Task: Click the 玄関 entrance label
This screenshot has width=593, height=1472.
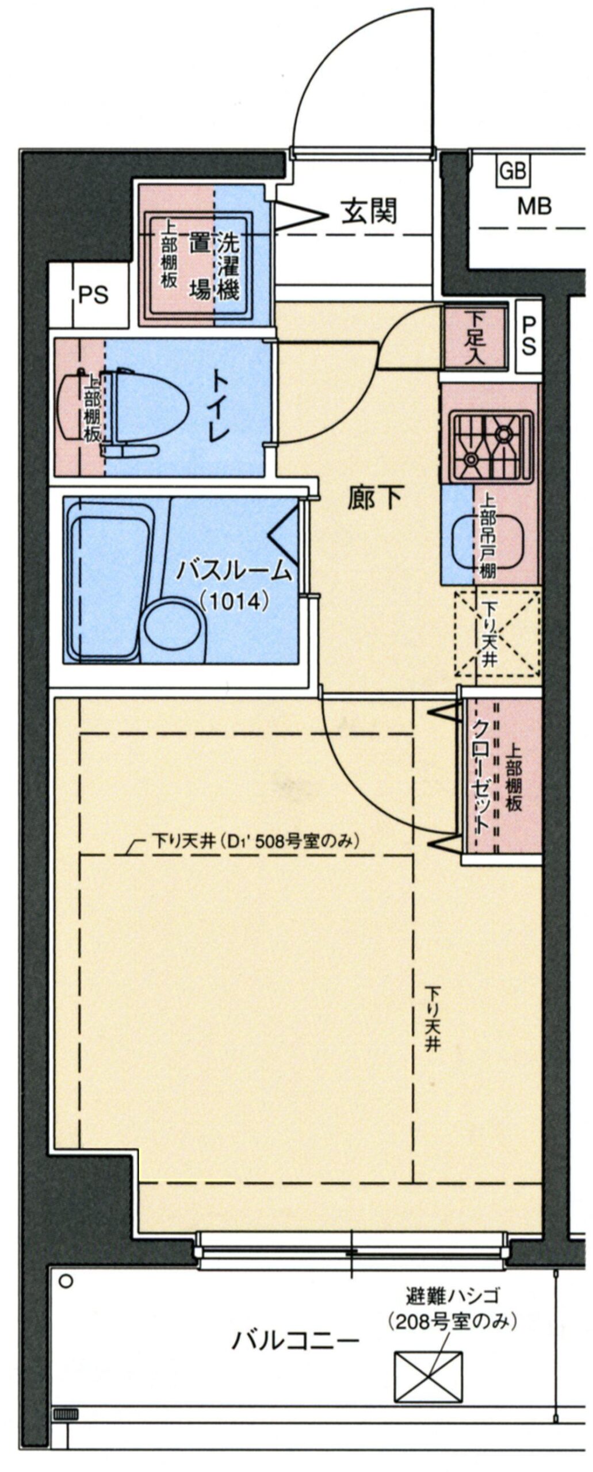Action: [x=369, y=211]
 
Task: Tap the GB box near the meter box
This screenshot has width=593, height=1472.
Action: [x=513, y=171]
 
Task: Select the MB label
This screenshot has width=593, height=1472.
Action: [x=534, y=206]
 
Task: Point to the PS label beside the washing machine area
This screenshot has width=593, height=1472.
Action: [x=93, y=295]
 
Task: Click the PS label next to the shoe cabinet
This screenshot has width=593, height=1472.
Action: [x=529, y=337]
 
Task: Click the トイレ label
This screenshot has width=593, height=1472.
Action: [x=221, y=406]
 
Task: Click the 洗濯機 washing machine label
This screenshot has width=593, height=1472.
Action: [x=228, y=267]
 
